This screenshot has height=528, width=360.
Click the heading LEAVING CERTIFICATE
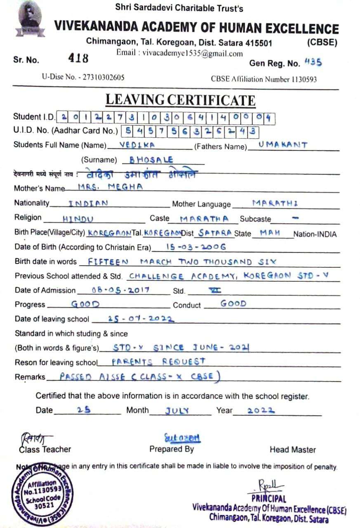pyautogui.click(x=180, y=100)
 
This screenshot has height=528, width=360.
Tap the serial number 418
pyautogui.click(x=78, y=58)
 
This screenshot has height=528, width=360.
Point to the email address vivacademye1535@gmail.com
pyautogui.click(x=179, y=53)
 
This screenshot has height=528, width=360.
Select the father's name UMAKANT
pyautogui.click(x=282, y=145)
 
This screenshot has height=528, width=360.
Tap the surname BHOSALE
pyautogui.click(x=151, y=160)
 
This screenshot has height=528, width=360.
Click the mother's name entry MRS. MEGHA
pyautogui.click(x=110, y=186)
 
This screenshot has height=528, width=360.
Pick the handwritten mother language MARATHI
pyautogui.click(x=275, y=203)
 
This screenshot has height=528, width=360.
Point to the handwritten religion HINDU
pyautogui.click(x=78, y=219)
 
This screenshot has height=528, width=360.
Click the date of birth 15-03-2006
pyautogui.click(x=195, y=247)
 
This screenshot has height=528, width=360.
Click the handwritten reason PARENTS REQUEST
pyautogui.click(x=158, y=362)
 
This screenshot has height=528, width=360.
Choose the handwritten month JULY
pyautogui.click(x=177, y=410)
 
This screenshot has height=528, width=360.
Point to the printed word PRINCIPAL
pyautogui.click(x=267, y=498)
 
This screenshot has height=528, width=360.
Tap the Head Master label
pyautogui.click(x=292, y=450)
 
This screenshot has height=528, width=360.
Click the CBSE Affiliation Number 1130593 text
pyautogui.click(x=264, y=79)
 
